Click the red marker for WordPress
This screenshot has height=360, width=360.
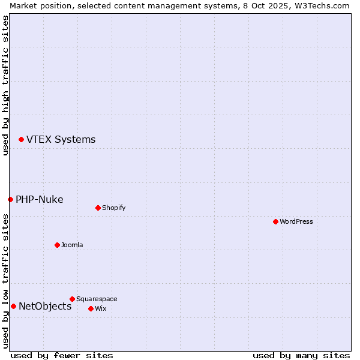[x=275, y=221]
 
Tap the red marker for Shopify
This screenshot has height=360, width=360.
[x=98, y=208]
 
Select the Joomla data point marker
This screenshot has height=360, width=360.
[x=57, y=245]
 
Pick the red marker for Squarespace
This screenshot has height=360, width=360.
[x=72, y=299]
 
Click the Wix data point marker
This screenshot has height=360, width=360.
[x=91, y=308]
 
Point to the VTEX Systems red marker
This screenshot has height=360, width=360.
[x=21, y=139]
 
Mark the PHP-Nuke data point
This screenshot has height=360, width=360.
[x=10, y=199]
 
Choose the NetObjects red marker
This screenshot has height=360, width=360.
[x=13, y=306]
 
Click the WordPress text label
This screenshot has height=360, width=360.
[x=296, y=221]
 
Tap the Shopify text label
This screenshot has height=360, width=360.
[x=114, y=208]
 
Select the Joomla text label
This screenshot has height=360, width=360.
[x=72, y=245]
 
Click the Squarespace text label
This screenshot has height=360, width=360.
[x=97, y=299]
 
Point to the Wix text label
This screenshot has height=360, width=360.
[x=100, y=308]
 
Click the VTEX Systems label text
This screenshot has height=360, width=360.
[x=61, y=139]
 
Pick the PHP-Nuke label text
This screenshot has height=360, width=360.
[x=39, y=199]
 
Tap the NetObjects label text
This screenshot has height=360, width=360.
[x=45, y=306]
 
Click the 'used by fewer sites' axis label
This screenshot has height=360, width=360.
[x=62, y=355]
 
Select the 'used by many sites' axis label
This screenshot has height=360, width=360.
[x=301, y=355]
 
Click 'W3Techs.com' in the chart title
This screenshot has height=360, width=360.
[x=324, y=5]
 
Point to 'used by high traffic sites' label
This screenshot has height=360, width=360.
[x=5, y=85]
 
